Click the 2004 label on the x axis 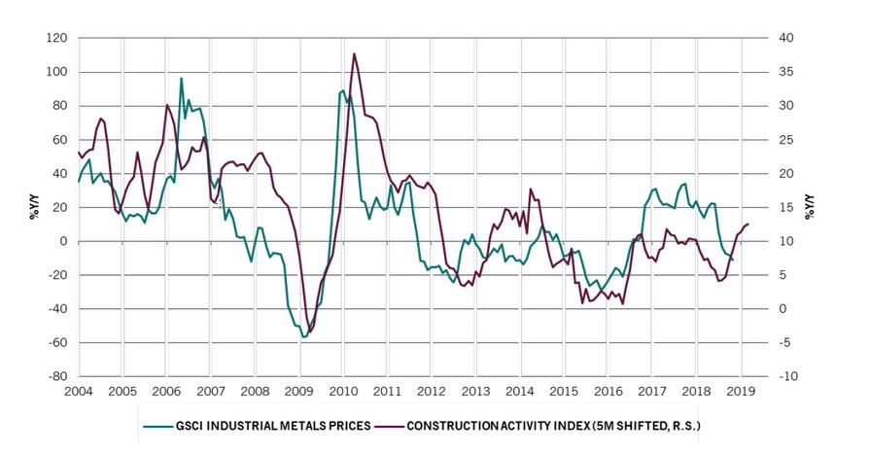pos(78,391)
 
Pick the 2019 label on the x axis pos(742,391)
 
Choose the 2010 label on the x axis pos(344,391)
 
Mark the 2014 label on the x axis pos(520,391)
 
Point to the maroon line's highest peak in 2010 pos(354,53)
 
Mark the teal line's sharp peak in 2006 pos(181,79)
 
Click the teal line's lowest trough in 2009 pos(303,336)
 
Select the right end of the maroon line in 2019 pos(748,225)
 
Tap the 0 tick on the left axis pos(63,241)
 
